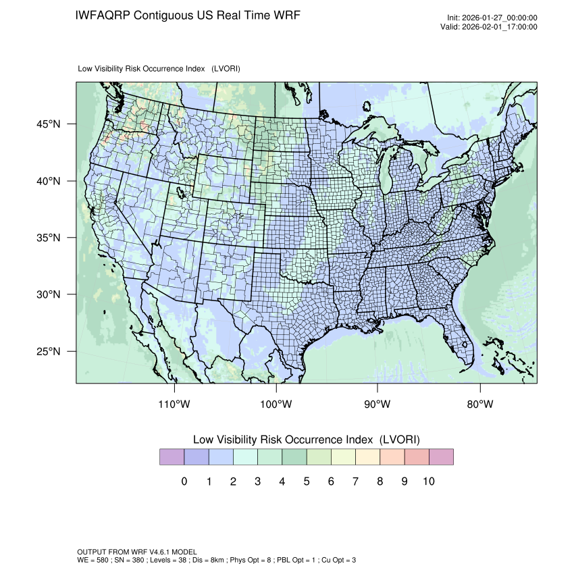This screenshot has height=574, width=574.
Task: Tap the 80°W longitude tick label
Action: click(480, 405)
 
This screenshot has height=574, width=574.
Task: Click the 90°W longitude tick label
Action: click(378, 405)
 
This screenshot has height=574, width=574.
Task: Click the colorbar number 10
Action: click(428, 481)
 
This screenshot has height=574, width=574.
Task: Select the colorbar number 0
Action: click(184, 481)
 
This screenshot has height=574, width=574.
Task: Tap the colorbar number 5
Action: click(306, 481)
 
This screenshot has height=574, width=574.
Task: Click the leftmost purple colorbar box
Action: click(172, 457)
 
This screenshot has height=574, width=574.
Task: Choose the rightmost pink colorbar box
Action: click(441, 457)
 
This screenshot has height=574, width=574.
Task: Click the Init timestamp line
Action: click(492, 18)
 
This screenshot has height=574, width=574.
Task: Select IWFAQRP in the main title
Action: click(103, 15)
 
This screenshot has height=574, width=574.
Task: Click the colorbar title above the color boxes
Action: click(306, 440)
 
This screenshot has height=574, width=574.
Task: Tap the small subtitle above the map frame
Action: click(159, 69)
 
